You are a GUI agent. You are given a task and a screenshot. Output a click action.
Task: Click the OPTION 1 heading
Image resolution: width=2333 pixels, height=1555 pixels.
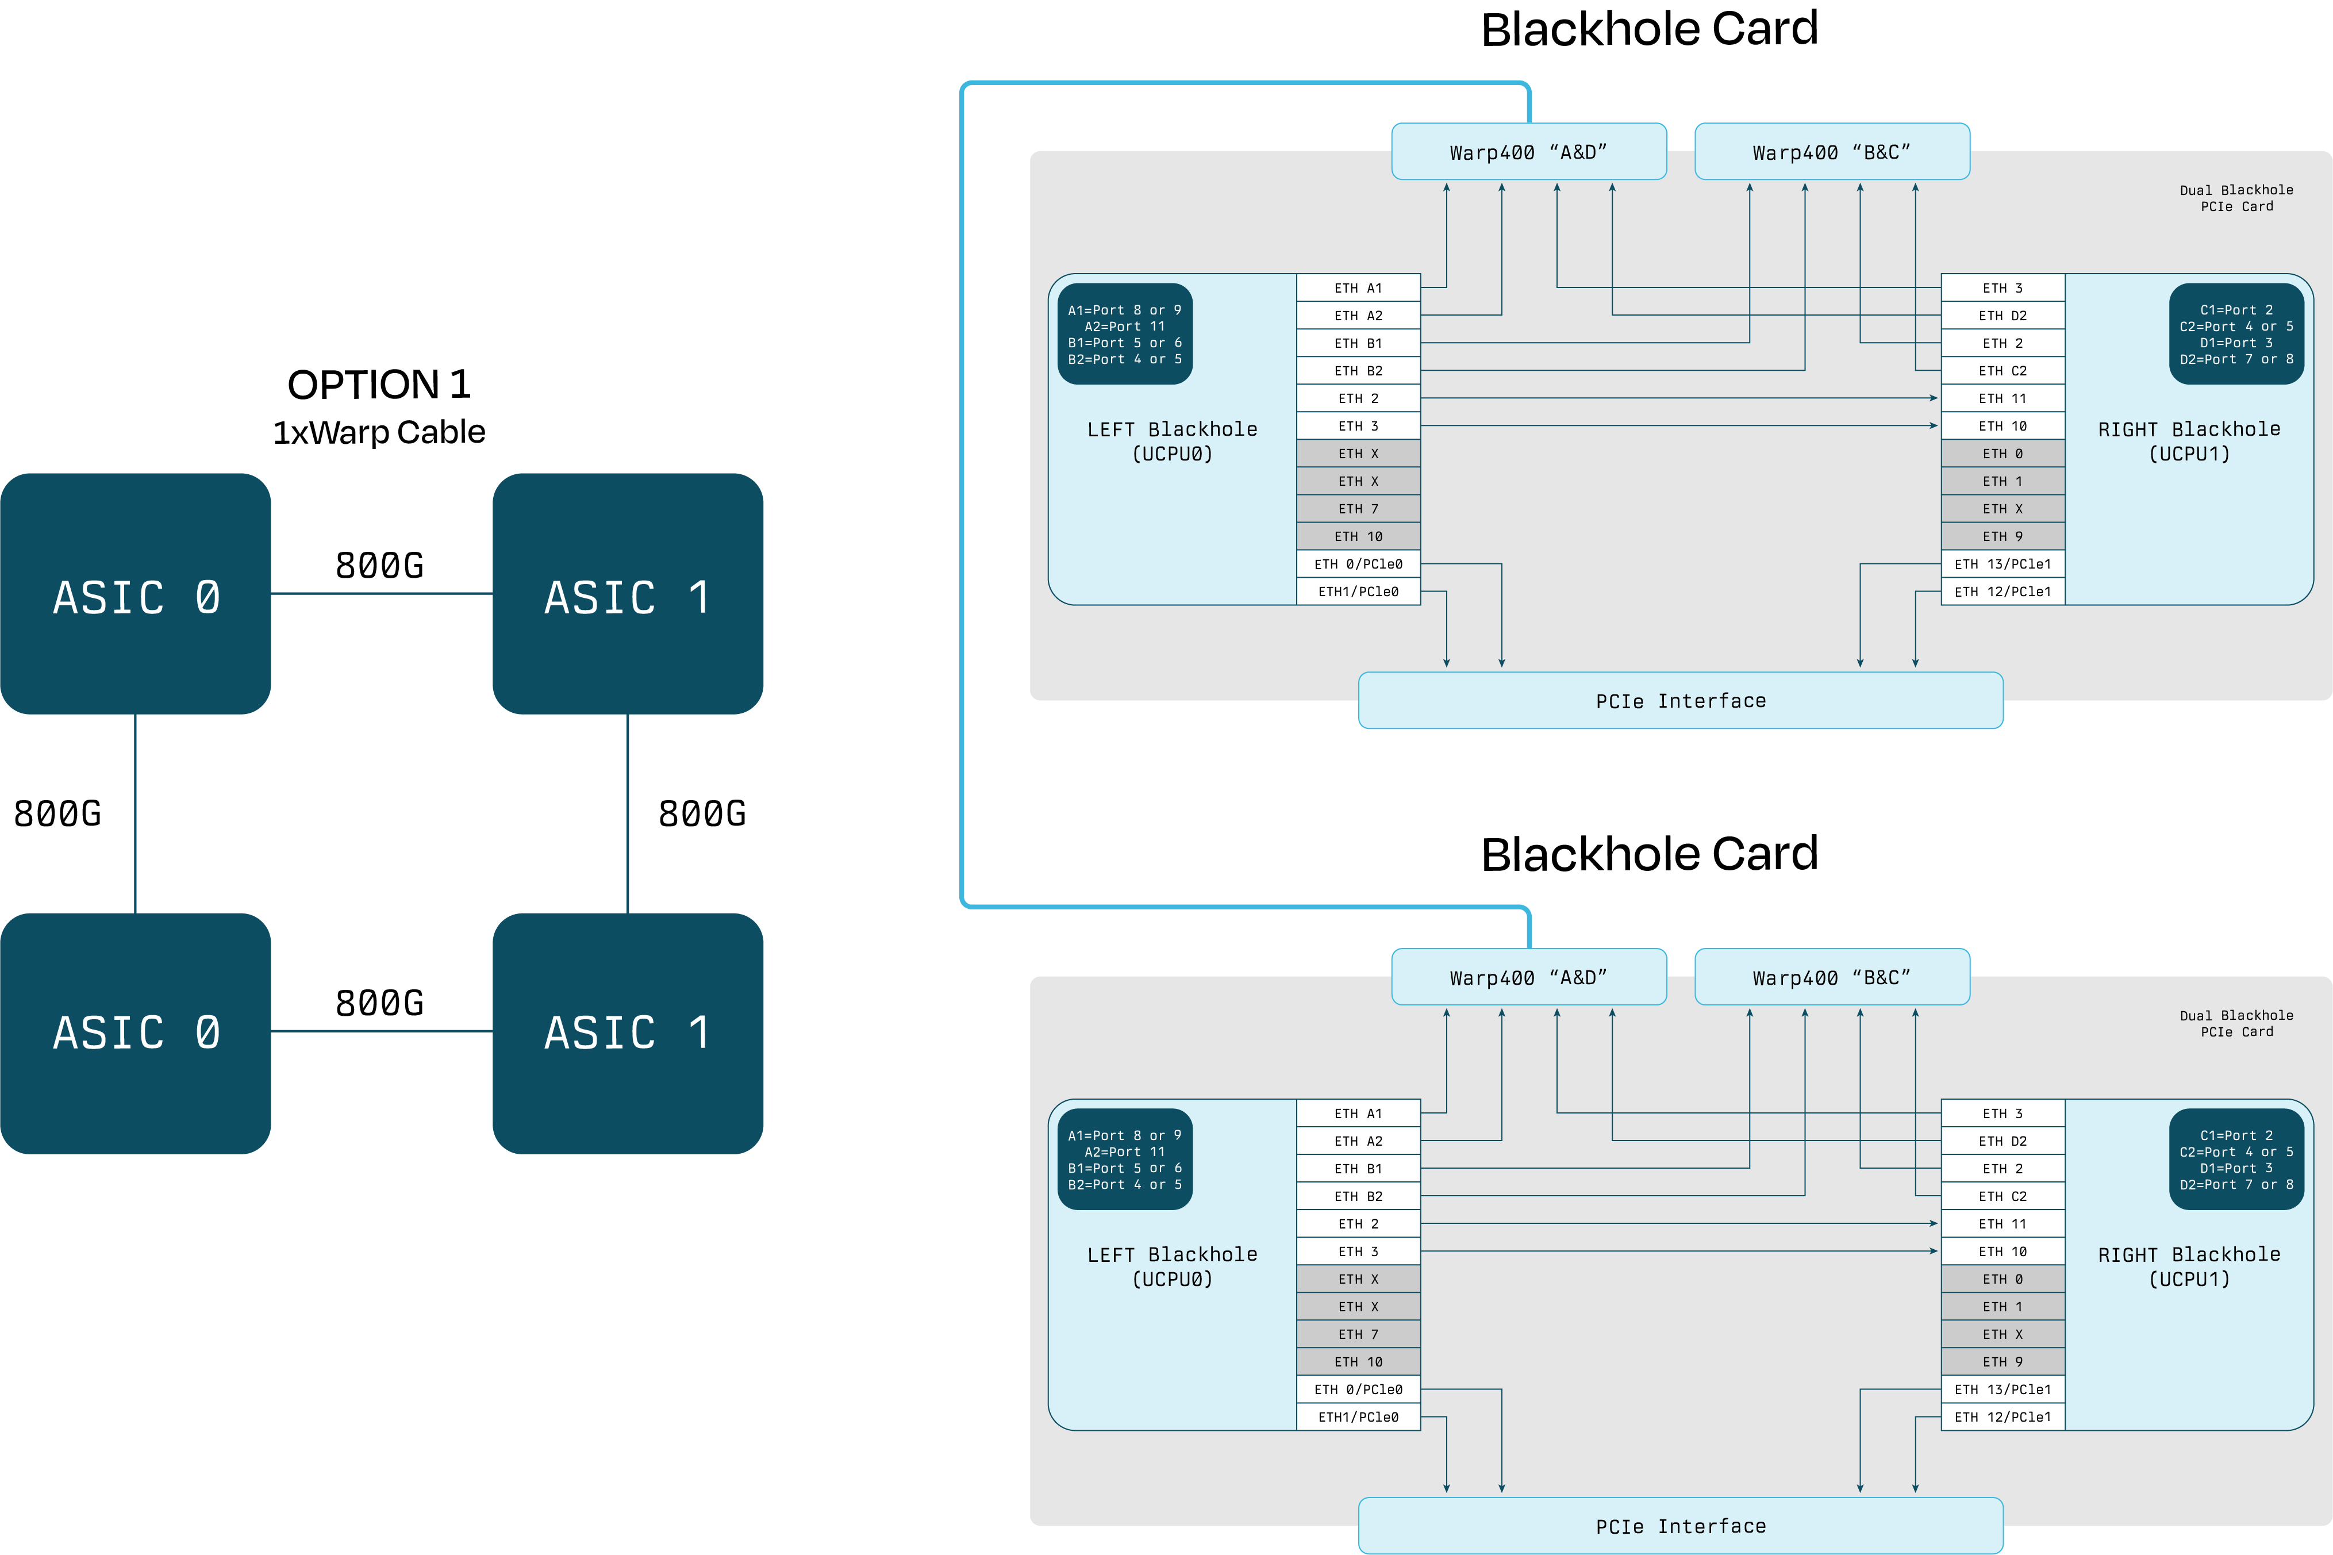379,385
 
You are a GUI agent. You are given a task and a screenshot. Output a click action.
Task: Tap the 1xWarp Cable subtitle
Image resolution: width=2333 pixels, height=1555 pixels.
379,432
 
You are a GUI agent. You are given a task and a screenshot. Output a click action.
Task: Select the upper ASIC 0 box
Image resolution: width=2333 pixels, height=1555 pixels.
136,594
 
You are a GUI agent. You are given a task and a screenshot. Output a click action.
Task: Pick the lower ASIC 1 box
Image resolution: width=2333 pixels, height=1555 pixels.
628,1034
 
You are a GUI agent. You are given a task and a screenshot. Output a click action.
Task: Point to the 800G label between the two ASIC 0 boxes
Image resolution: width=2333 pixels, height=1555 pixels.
57,814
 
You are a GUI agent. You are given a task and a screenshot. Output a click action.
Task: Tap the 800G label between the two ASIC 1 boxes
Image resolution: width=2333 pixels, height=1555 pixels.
702,814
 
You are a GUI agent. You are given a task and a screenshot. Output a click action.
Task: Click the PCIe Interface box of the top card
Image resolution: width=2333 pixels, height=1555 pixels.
1681,701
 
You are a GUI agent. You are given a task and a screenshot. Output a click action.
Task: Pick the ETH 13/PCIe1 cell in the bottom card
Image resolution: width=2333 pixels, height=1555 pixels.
2003,1389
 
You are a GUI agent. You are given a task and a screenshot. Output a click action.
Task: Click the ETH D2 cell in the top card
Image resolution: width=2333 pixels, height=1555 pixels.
2003,316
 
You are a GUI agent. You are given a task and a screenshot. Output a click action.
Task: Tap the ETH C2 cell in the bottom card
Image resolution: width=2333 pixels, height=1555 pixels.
2003,1197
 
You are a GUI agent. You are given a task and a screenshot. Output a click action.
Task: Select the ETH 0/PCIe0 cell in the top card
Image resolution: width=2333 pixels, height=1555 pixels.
1358,565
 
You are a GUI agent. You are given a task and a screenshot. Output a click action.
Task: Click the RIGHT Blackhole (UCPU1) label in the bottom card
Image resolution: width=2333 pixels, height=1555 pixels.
2189,1266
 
